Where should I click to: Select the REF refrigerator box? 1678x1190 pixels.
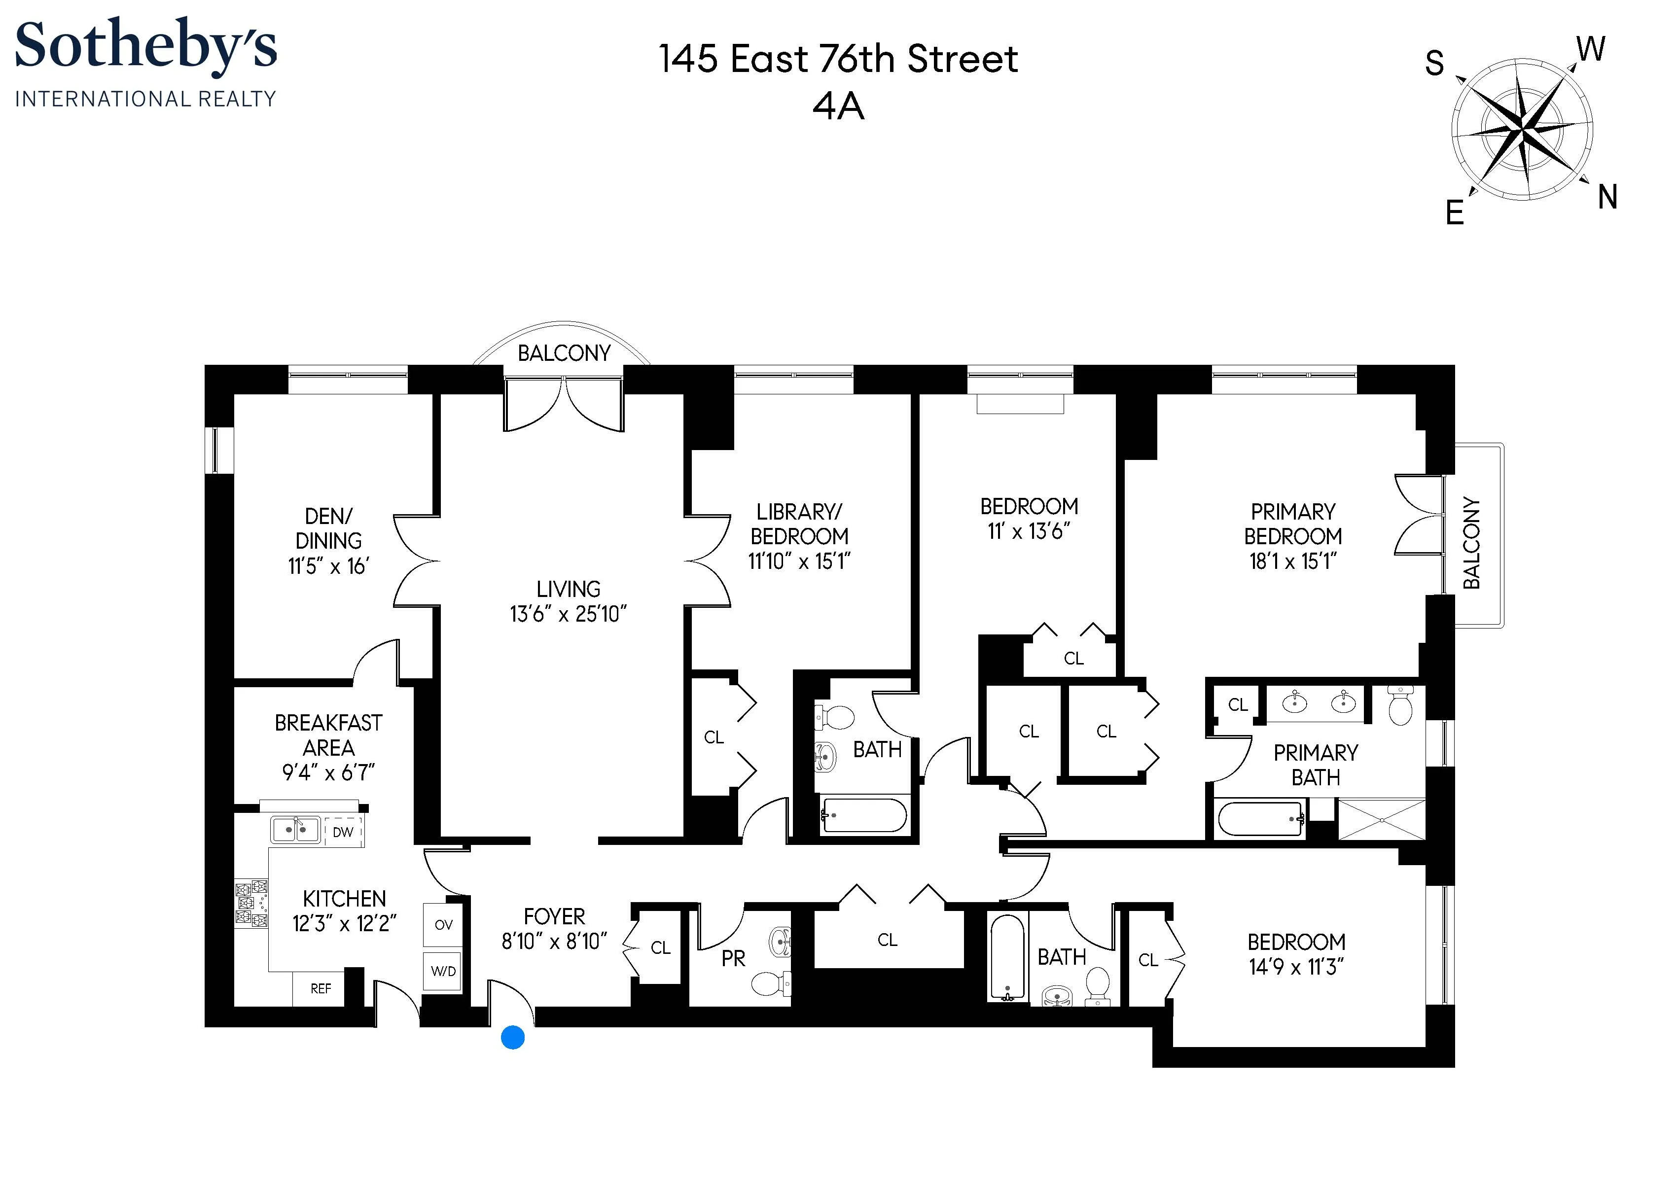tap(321, 988)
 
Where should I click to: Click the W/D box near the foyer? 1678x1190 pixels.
tap(443, 972)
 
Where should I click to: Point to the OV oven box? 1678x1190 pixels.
tap(443, 925)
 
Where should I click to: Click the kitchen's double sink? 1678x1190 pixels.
tap(295, 830)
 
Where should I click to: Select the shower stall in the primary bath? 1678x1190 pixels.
tap(1381, 819)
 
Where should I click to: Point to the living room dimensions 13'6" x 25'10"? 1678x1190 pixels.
tap(569, 614)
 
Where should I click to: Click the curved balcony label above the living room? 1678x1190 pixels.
tap(564, 353)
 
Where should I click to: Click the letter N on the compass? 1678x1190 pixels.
tap(1607, 197)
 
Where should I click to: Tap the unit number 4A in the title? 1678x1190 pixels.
tap(838, 107)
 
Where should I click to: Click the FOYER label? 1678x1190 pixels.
tap(554, 917)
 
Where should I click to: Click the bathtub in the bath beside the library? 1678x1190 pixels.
tap(864, 815)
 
